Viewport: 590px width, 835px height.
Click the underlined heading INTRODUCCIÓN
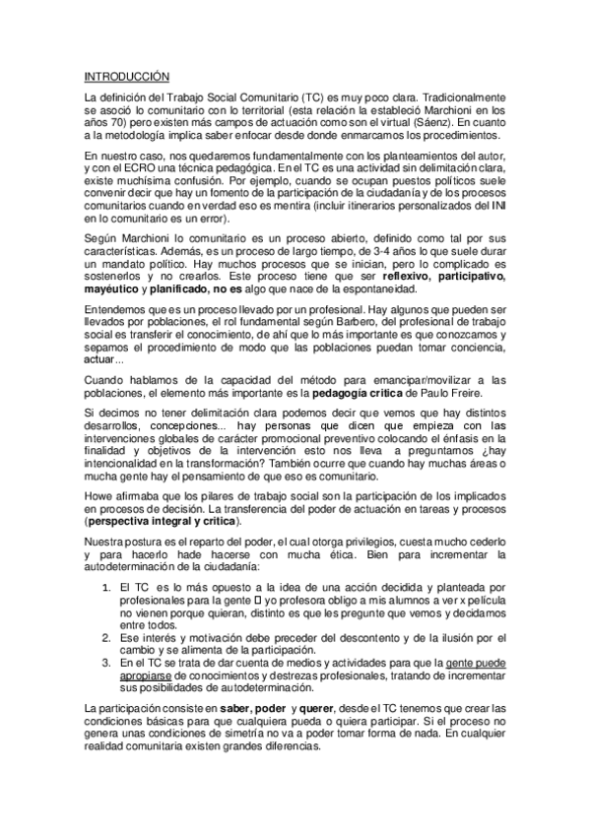click(x=127, y=76)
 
